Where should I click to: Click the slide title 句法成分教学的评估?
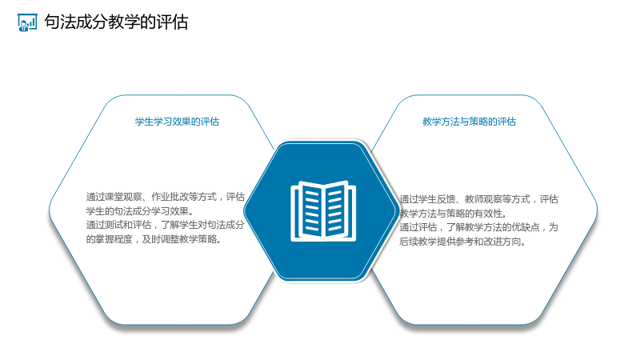[x=116, y=22]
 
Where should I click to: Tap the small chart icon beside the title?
[x=27, y=22]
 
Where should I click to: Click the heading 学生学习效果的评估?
[x=177, y=122]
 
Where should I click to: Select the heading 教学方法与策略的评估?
[x=469, y=122]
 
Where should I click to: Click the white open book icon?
[x=323, y=211]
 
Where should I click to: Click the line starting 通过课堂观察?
[x=166, y=197]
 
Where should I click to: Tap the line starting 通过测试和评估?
[x=166, y=225]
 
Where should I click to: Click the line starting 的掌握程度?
[x=154, y=239]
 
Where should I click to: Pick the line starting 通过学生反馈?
[x=478, y=199]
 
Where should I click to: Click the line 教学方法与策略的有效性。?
[x=454, y=214]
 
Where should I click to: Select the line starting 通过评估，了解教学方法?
[x=478, y=227]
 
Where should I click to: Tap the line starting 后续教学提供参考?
[x=463, y=242]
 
